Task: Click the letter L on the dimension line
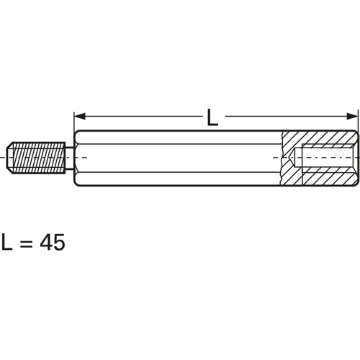click(x=212, y=117)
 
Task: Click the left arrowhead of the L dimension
click(x=79, y=117)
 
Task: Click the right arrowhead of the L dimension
click(x=352, y=117)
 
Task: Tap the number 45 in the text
click(x=53, y=242)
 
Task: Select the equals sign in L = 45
click(x=26, y=243)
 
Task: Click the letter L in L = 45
click(x=6, y=242)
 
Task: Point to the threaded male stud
click(x=36, y=158)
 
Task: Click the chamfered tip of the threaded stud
click(x=9, y=158)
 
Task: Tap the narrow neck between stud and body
click(x=69, y=158)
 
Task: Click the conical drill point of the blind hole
click(x=291, y=158)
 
